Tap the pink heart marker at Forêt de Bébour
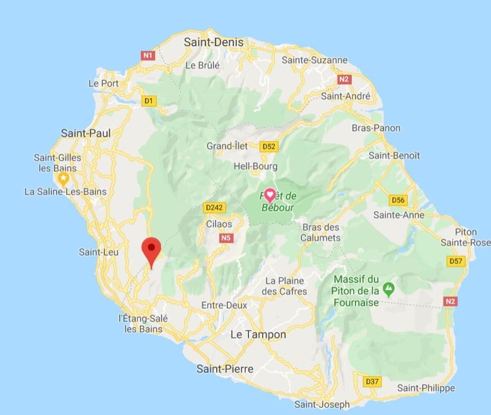point(270,196)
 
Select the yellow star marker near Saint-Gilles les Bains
point(64,178)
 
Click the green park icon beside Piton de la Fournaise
point(388,289)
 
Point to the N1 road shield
point(148,55)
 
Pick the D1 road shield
point(149,101)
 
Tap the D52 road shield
point(268,146)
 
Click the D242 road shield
point(214,207)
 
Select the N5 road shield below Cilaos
point(226,238)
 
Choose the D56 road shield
point(398,200)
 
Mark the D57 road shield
point(456,261)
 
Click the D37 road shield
point(372,381)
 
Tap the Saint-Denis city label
point(214,42)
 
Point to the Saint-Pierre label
point(225,369)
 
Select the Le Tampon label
point(258,334)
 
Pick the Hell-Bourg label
point(255,166)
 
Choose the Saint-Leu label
point(99,252)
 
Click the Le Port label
point(103,83)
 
